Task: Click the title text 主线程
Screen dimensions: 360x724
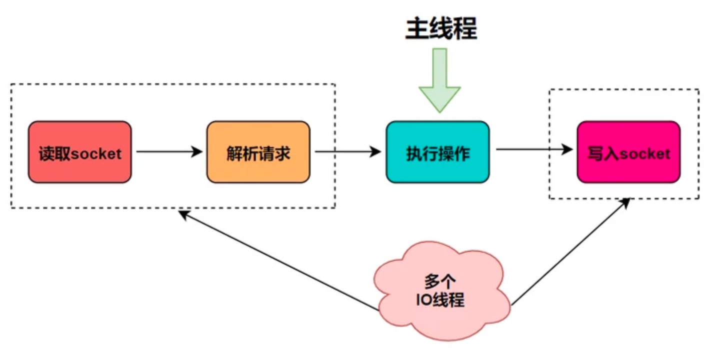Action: (440, 29)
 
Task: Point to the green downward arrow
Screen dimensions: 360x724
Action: (439, 80)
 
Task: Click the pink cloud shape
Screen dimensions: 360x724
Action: (442, 290)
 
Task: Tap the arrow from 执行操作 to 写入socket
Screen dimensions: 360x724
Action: (533, 149)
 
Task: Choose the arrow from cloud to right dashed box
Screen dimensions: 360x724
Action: (570, 252)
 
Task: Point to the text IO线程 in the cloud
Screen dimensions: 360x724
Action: (440, 300)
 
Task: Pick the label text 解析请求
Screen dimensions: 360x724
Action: (258, 153)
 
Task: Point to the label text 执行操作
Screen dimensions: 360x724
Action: (437, 153)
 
